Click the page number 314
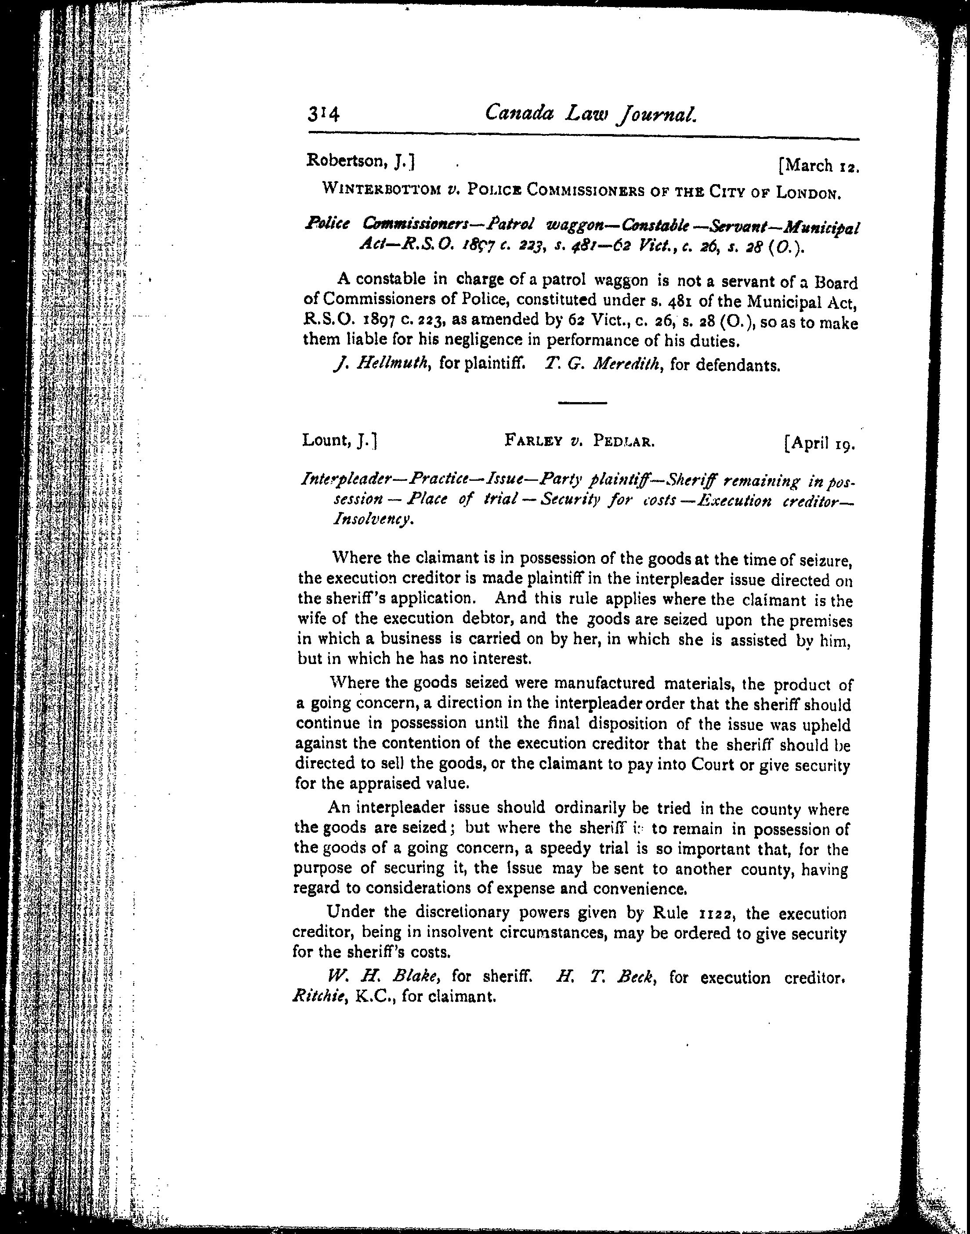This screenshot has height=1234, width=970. click(323, 114)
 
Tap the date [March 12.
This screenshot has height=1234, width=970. click(819, 166)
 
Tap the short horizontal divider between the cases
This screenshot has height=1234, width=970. click(582, 403)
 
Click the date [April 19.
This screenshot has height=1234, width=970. click(819, 444)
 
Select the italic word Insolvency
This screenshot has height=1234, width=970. click(372, 519)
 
